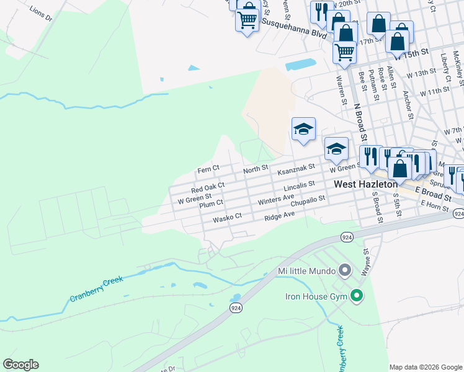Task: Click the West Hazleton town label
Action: [x=365, y=185]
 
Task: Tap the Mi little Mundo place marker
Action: [x=346, y=271]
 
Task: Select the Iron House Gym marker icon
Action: [x=356, y=296]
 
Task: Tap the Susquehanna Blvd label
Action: [x=293, y=27]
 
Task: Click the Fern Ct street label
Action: [x=208, y=169]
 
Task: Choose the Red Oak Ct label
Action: [x=208, y=187]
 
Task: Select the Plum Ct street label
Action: [x=212, y=204]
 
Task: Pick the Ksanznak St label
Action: [x=297, y=169]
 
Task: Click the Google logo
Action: [x=20, y=365]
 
